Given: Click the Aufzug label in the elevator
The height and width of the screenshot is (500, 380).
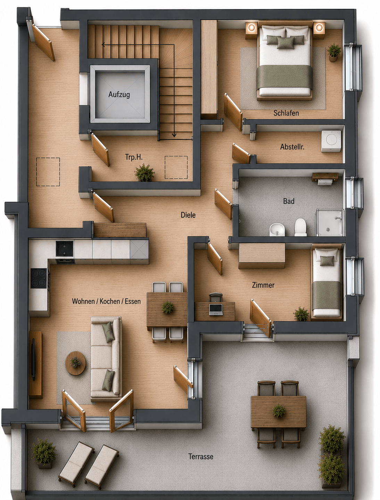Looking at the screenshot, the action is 119,94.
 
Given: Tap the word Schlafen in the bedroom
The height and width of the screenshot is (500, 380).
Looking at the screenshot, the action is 286,113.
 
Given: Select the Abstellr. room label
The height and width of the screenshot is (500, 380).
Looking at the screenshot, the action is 292,147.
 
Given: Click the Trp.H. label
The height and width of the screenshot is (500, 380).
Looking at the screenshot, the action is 134,157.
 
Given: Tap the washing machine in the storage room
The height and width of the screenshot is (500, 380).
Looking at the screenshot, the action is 331,141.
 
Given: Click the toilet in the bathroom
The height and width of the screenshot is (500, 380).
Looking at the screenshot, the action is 300,227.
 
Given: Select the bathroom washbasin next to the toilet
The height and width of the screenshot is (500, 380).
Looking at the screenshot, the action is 277,229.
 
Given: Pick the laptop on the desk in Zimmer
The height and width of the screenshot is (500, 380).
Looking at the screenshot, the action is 216,309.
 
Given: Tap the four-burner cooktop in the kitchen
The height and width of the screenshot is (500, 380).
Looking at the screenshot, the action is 39,278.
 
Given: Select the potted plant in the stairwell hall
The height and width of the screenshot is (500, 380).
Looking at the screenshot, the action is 144,172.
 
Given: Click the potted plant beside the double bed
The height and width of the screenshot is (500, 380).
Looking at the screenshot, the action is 334,52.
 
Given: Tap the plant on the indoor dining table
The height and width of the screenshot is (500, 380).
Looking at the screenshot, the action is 167,307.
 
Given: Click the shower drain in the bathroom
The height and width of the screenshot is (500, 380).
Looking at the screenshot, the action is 328,229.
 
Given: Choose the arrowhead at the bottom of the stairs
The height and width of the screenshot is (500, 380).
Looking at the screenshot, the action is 174,135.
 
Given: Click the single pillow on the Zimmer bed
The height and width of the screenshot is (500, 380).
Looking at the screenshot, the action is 327,261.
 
